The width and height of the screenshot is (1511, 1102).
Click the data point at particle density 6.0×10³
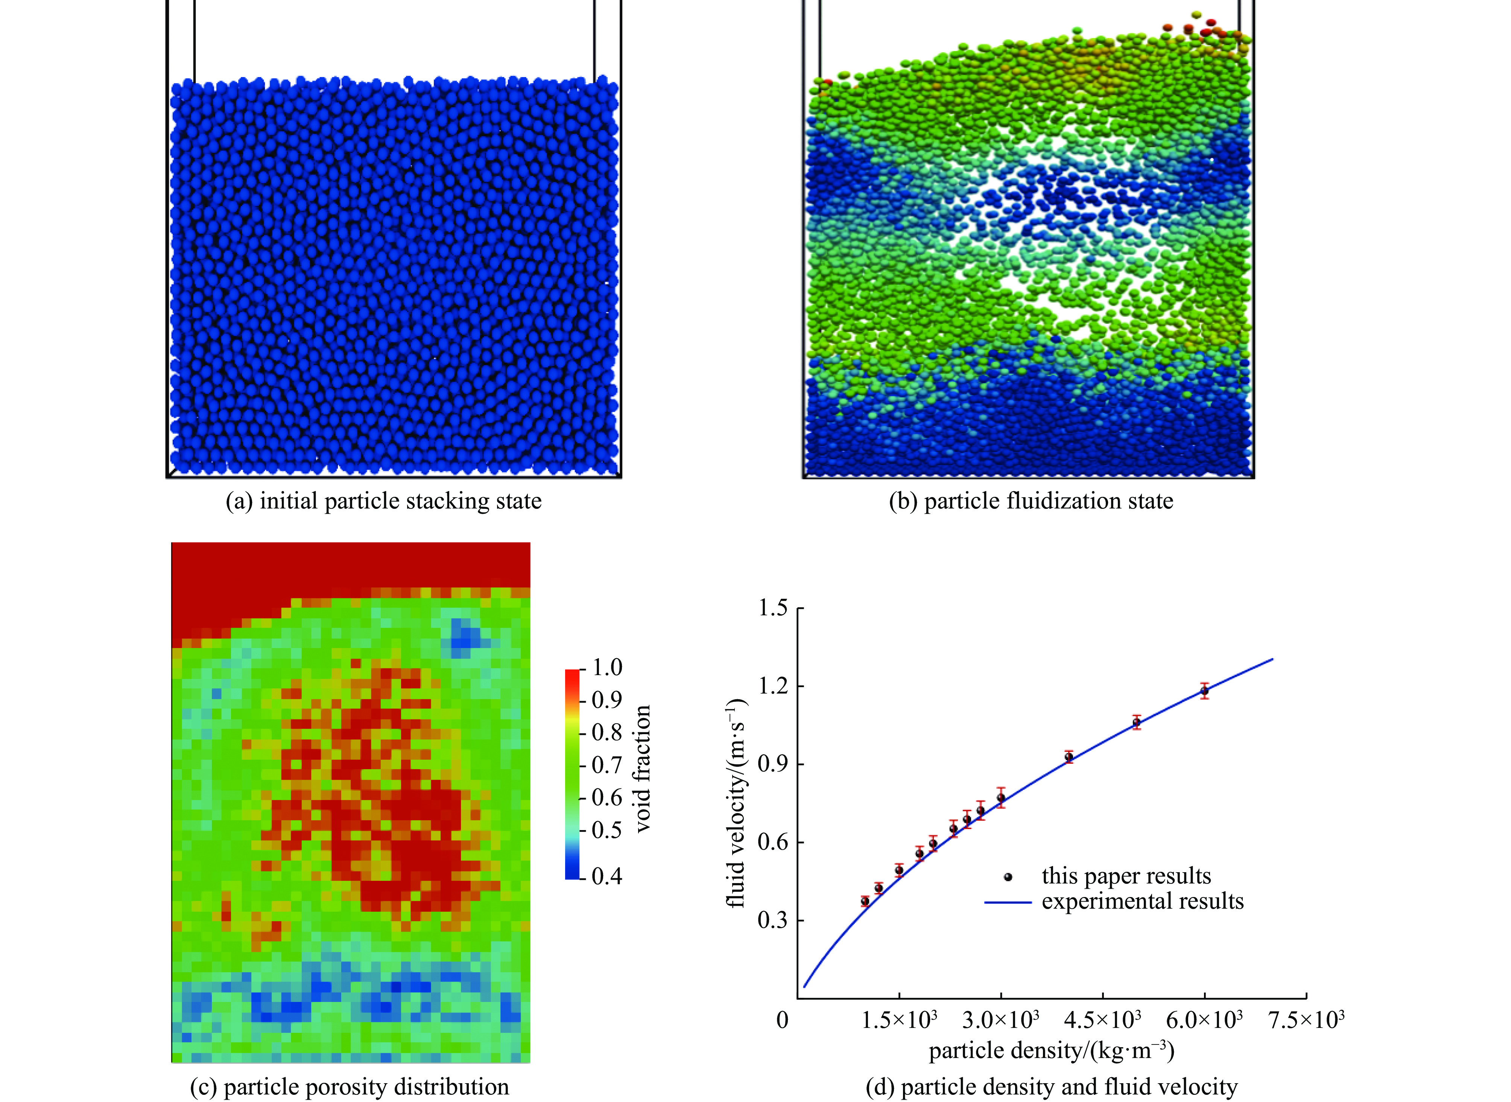point(1205,691)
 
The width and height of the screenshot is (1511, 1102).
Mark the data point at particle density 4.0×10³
point(1069,757)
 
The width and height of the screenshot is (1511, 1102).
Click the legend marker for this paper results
point(1008,877)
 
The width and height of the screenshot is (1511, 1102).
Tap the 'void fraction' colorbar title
point(642,768)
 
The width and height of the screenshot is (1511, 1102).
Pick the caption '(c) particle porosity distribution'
point(350,1087)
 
